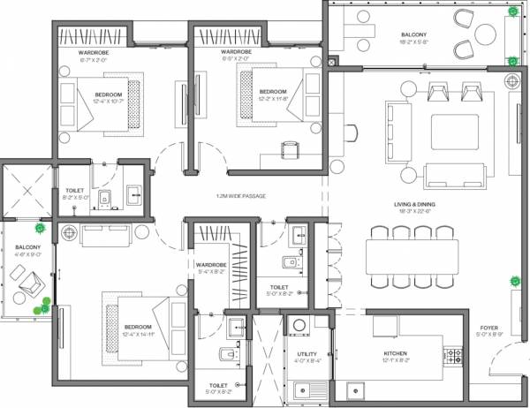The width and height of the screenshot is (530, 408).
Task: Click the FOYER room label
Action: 491,330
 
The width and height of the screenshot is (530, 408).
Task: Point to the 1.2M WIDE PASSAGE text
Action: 240,195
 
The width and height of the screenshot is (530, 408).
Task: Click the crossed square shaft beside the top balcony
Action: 331,63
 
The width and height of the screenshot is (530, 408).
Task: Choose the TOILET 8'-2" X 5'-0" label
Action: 75,193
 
